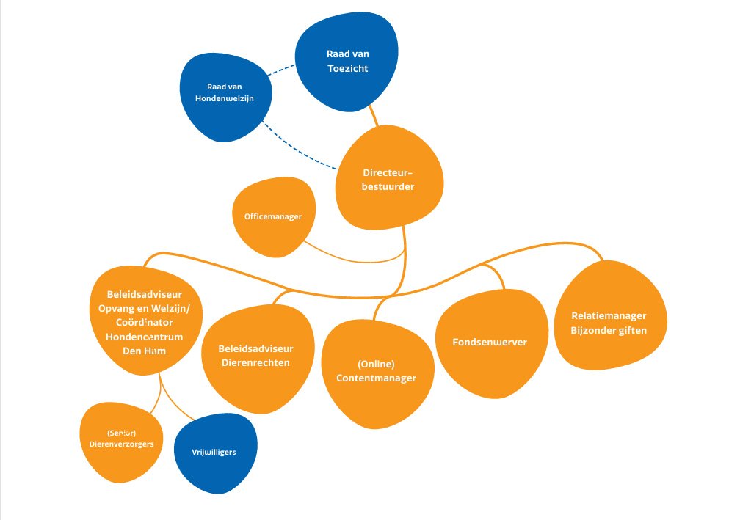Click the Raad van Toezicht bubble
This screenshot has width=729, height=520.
tap(347, 62)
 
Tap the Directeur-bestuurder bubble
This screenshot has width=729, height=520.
tap(389, 180)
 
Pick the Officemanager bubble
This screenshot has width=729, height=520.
tap(273, 216)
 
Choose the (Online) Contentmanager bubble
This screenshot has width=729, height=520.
tap(376, 372)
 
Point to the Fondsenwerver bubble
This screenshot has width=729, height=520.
tap(491, 343)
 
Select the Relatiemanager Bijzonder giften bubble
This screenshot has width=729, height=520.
tap(609, 323)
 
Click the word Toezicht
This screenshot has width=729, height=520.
tap(347, 70)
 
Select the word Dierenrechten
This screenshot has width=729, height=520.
tap(255, 362)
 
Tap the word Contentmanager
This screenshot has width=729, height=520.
tap(376, 378)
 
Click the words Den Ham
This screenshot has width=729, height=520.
tap(144, 351)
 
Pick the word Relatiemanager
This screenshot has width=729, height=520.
tap(609, 316)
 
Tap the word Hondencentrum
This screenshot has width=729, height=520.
tap(144, 337)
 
